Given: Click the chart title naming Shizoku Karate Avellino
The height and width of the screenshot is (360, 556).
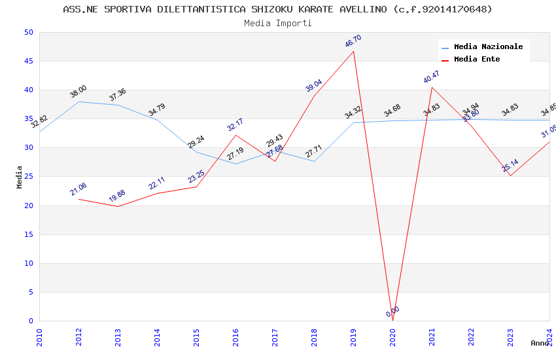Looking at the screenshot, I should tap(277, 9).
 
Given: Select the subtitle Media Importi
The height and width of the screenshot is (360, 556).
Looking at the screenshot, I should tap(277, 23).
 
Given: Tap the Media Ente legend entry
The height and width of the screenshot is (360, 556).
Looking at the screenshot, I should tap(477, 60).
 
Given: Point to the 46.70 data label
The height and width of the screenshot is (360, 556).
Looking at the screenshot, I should tap(353, 41).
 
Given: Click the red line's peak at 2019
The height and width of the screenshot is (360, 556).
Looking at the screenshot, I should tap(353, 51).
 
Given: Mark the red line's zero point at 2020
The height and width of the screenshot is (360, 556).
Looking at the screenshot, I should tap(392, 321).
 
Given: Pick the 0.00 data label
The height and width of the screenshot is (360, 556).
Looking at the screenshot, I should tap(392, 312).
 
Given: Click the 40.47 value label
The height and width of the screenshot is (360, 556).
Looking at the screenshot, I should tap(432, 77).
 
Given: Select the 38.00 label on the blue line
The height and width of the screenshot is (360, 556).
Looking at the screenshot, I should tap(78, 92).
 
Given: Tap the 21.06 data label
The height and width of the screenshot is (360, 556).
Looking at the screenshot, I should tap(78, 189).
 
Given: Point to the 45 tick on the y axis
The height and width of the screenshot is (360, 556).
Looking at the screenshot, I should tap(27, 62).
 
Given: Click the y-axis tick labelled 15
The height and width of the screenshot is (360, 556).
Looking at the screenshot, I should tap(27, 234).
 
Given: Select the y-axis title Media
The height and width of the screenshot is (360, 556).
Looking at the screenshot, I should tap(20, 177).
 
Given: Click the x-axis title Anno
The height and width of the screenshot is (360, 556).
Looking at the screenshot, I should tap(540, 343).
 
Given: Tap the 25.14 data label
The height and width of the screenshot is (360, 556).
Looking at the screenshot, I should tap(510, 166).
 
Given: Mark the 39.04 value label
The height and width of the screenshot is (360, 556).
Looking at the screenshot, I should tap(314, 86).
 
